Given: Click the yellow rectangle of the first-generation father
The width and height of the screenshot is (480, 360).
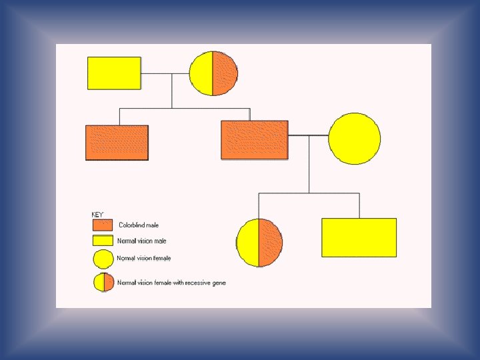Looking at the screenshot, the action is click(x=114, y=73).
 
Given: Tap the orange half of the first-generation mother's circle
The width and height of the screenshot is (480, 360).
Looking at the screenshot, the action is click(x=225, y=73).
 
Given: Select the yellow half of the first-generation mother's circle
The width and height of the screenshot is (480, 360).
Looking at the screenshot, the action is click(x=201, y=73).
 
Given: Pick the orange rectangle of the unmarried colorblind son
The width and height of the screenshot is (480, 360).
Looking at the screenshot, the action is click(x=117, y=143).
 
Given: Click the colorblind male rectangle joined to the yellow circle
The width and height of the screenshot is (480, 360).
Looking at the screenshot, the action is click(x=254, y=140).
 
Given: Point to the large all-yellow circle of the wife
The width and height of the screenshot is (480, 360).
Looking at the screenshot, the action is click(x=355, y=139).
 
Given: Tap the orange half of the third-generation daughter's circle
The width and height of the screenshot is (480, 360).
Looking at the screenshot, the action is click(x=270, y=242).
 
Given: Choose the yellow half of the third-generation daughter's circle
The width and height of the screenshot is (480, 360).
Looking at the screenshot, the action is click(x=248, y=242).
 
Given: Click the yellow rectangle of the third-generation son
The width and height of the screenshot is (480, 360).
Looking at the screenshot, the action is click(x=359, y=237).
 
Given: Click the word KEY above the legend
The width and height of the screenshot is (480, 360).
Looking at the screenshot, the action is click(x=97, y=215).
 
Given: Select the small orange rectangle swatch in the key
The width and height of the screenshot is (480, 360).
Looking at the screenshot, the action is click(x=103, y=225).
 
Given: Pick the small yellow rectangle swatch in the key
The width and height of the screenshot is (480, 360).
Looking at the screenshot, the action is click(x=103, y=241).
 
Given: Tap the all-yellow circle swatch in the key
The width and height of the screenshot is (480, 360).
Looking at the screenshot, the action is click(x=103, y=259).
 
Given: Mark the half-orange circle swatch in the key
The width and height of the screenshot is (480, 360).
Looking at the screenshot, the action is click(x=103, y=283).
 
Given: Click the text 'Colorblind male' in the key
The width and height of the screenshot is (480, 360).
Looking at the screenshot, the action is click(x=139, y=225).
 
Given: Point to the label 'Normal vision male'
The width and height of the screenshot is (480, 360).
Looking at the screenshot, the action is click(x=142, y=241).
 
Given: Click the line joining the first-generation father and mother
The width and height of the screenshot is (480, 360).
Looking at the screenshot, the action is click(x=165, y=73).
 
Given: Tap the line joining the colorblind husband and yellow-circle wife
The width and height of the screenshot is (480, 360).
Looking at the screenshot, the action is click(x=308, y=136).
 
